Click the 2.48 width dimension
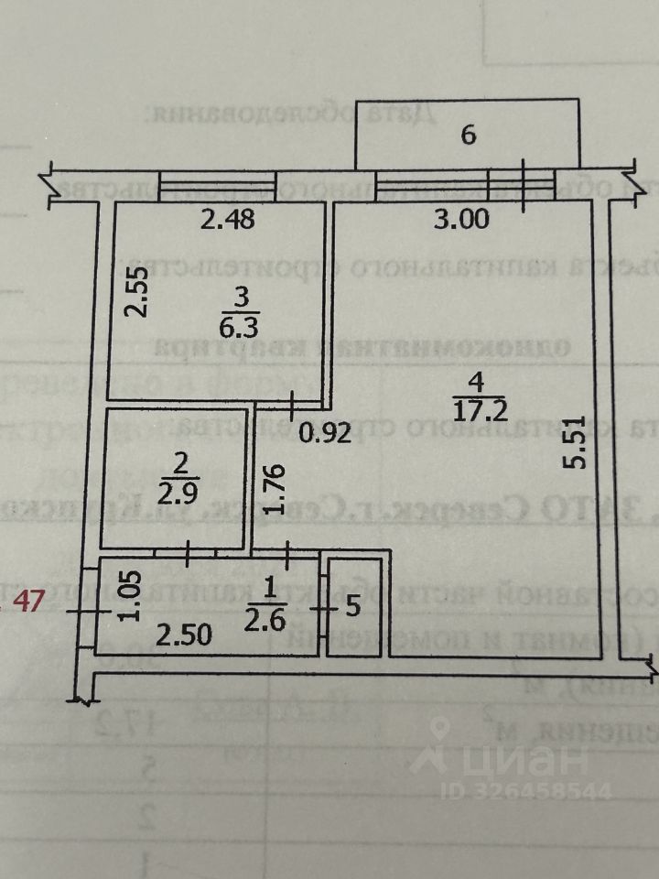pyautogui.click(x=227, y=219)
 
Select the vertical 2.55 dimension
pyautogui.click(x=136, y=292)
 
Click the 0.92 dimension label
pyautogui.click(x=327, y=434)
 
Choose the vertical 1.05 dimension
pyautogui.click(x=131, y=597)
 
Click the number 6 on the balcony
pyautogui.click(x=468, y=136)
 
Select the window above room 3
pyautogui.click(x=218, y=187)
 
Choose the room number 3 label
pyautogui.click(x=214, y=298)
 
